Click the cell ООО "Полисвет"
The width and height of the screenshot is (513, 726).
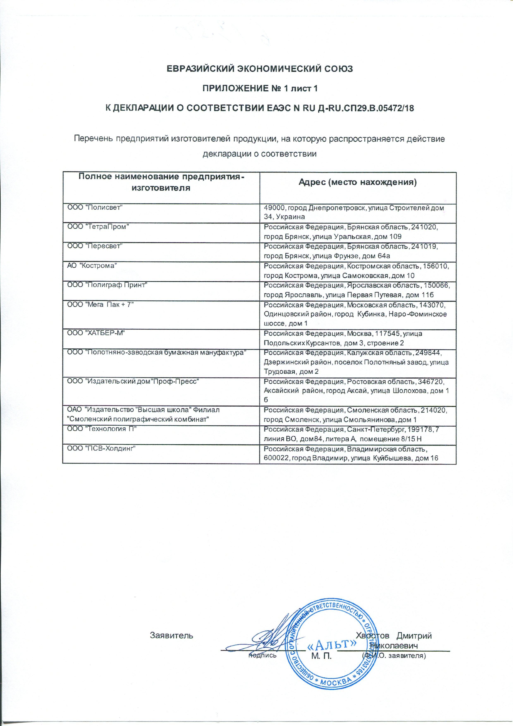click(95, 208)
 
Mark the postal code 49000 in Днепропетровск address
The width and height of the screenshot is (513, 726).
click(274, 208)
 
